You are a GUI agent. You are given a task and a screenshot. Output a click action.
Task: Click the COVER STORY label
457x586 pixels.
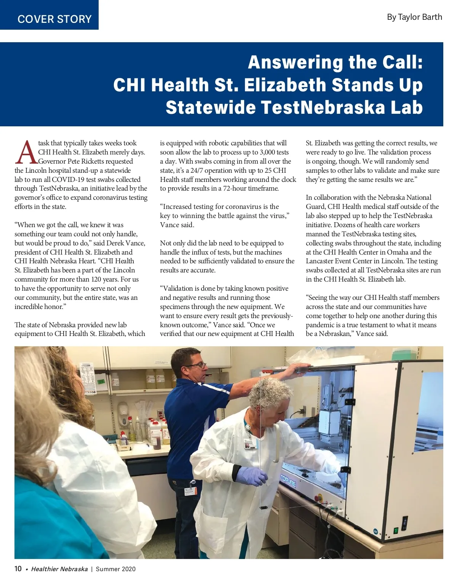[54, 19]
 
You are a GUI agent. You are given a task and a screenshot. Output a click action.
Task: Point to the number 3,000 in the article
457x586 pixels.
[270, 152]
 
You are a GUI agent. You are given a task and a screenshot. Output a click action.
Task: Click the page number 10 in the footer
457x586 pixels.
[18, 569]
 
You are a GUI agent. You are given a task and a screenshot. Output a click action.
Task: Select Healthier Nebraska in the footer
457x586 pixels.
[59, 569]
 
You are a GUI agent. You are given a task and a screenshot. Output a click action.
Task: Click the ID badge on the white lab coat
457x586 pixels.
[250, 444]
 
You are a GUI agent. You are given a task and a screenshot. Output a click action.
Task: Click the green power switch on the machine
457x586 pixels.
[396, 530]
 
